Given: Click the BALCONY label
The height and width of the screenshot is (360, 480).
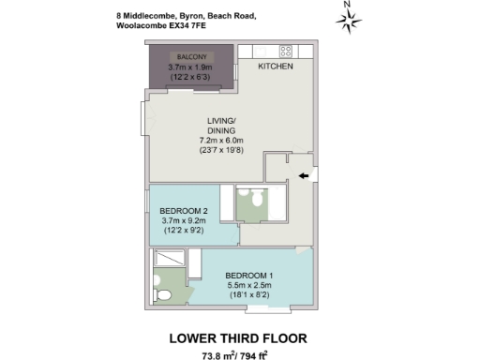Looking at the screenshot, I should (x=190, y=57).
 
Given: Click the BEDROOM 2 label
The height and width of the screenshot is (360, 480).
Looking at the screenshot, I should (x=185, y=210).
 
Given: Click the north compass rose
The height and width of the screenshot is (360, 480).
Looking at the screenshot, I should (x=348, y=20).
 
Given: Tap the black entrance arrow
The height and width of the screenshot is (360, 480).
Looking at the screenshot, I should (x=304, y=175).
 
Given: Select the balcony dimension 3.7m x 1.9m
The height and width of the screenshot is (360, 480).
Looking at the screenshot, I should (x=191, y=67).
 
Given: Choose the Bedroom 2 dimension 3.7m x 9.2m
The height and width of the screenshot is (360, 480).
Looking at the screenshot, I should (x=185, y=220).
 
